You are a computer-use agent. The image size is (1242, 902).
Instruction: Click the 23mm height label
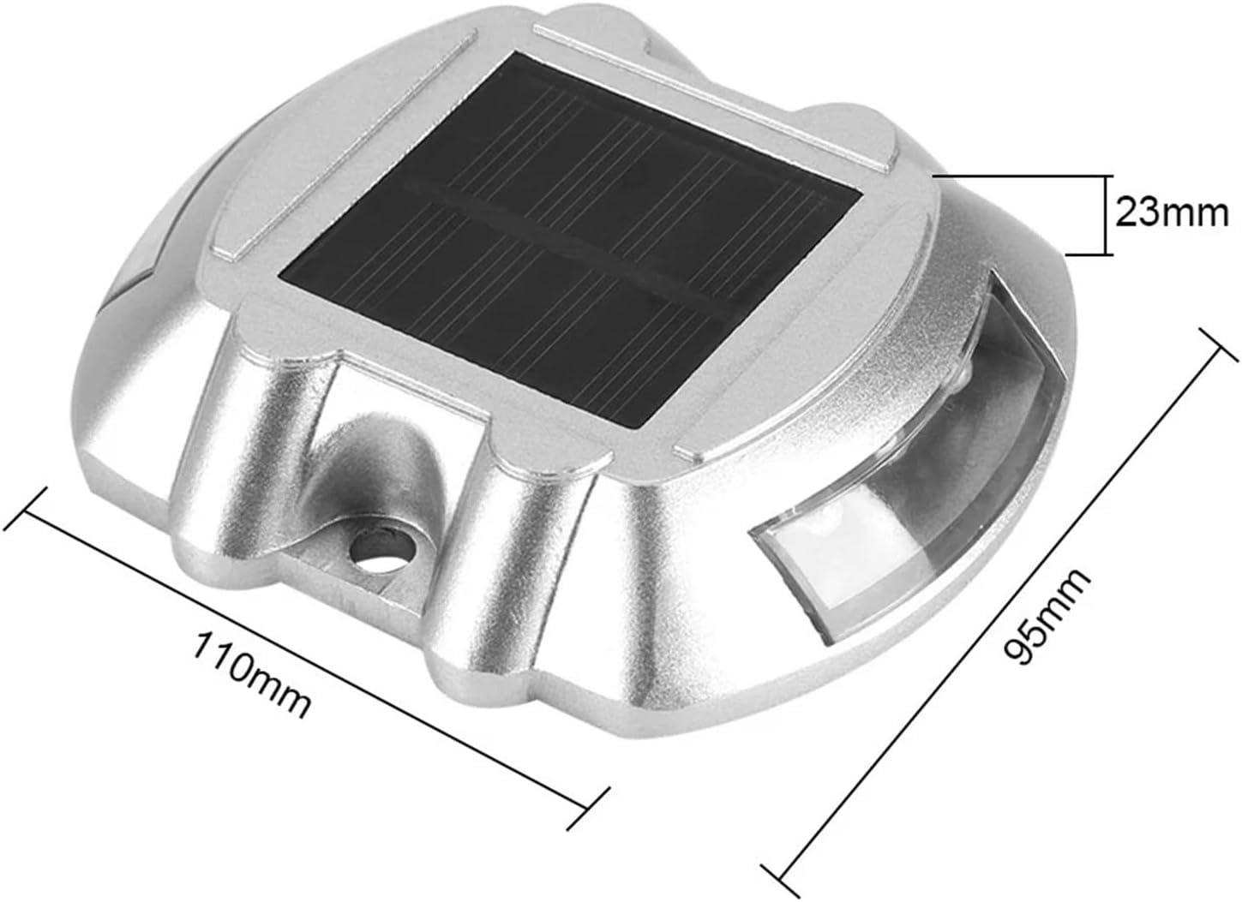coord(1172,212)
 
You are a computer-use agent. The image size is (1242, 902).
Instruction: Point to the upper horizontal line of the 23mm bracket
coord(1020,176)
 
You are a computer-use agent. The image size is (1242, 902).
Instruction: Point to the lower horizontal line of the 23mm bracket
coord(1089,254)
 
